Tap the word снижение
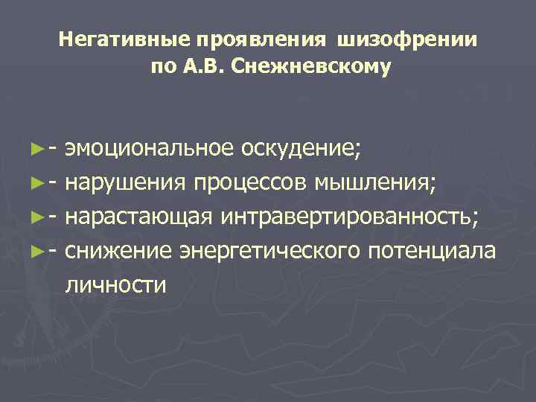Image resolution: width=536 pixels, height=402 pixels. click(x=120, y=252)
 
